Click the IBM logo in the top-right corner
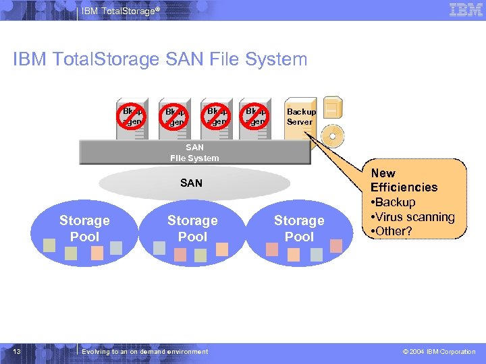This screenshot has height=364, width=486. click(x=466, y=9)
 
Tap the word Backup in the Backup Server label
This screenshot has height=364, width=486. click(x=300, y=112)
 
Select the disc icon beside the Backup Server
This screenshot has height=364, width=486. click(x=332, y=135)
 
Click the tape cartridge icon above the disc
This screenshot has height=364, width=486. click(x=331, y=107)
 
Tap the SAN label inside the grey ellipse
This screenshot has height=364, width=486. click(x=191, y=183)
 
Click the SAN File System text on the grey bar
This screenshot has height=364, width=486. click(x=194, y=153)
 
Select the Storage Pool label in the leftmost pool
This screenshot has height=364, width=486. click(x=84, y=229)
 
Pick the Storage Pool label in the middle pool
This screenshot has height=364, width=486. click(x=192, y=229)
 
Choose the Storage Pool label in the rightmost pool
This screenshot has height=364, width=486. click(x=299, y=229)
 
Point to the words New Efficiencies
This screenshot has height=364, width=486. click(x=404, y=180)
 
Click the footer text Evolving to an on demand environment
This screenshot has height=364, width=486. click(x=145, y=351)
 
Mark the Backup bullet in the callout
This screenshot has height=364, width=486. click(x=395, y=202)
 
